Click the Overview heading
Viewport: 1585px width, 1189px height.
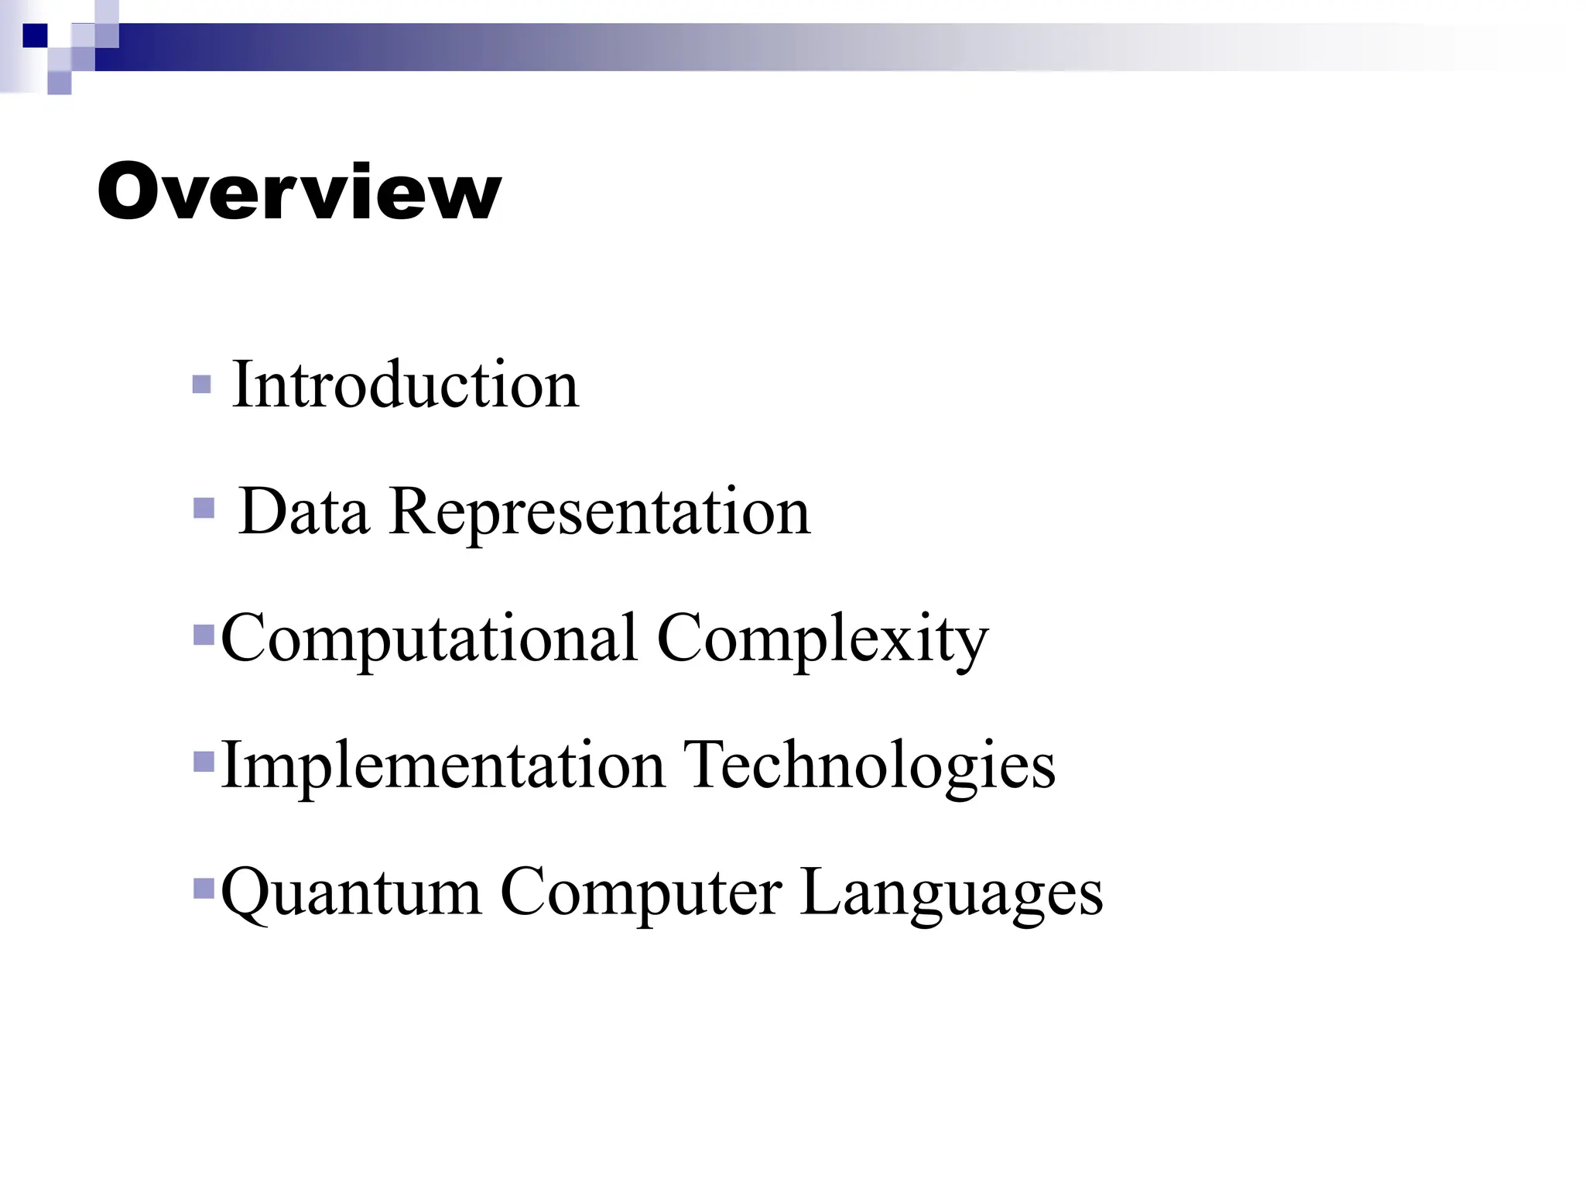(x=300, y=192)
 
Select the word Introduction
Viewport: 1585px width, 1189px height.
(x=405, y=385)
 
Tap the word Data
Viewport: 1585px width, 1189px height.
(x=303, y=512)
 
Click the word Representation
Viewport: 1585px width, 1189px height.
(x=600, y=512)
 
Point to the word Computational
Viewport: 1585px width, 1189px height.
(x=430, y=639)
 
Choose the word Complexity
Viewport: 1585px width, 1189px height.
(x=823, y=639)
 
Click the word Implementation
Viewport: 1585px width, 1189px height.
(x=443, y=766)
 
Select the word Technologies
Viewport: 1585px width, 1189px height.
(x=869, y=766)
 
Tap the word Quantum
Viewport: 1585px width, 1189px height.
(x=351, y=893)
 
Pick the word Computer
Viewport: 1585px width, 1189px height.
(x=641, y=893)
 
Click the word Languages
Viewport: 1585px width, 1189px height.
(x=951, y=893)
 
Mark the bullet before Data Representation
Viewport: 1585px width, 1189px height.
(x=204, y=509)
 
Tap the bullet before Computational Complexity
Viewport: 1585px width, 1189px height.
(x=204, y=636)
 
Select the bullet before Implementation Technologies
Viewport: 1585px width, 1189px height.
(x=204, y=762)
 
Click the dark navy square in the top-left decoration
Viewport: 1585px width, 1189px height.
(x=35, y=36)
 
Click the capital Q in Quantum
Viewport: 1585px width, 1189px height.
(x=246, y=893)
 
